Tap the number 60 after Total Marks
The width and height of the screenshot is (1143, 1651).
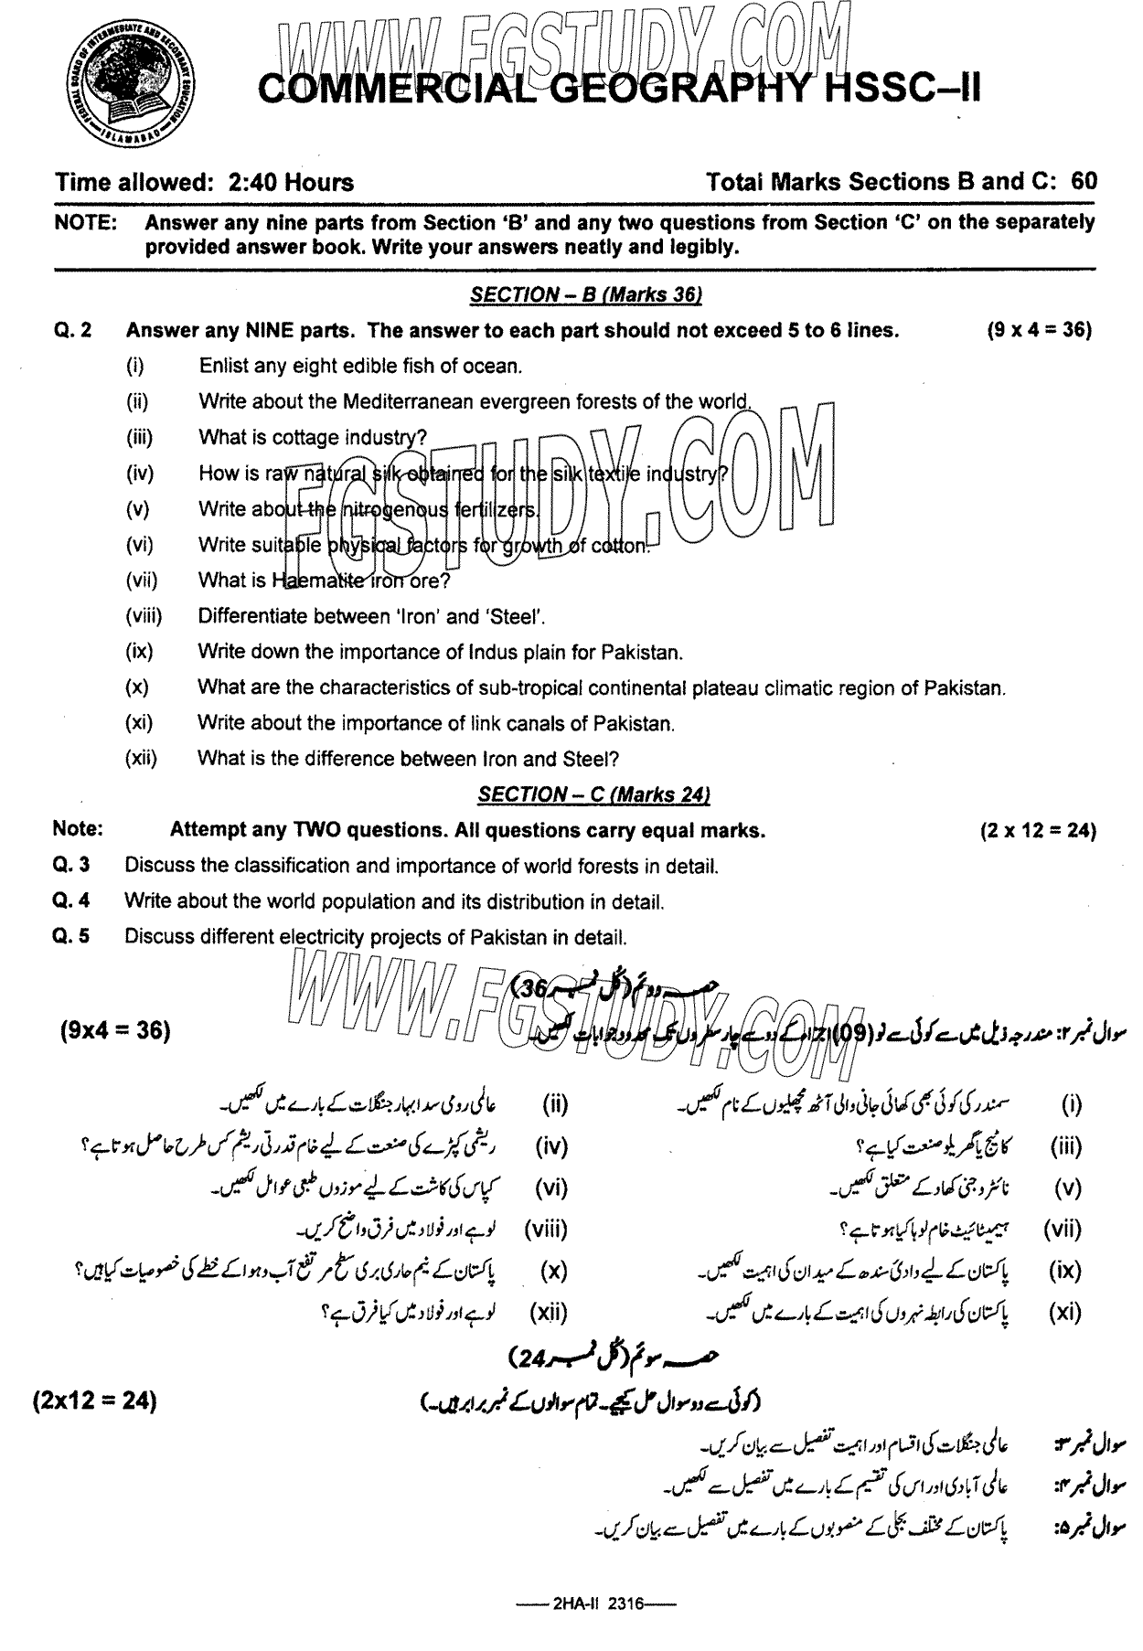[1084, 181]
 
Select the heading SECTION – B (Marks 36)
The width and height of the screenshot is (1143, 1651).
[585, 294]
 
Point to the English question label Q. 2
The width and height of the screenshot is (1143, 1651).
[73, 330]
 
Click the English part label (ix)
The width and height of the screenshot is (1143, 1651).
[139, 652]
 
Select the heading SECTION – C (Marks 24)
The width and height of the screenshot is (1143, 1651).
[594, 794]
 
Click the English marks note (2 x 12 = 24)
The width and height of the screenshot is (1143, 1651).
[1037, 830]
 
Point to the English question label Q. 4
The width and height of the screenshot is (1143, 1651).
[71, 901]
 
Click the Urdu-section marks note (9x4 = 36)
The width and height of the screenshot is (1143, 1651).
[115, 1030]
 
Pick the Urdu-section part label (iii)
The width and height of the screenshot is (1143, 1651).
[1065, 1146]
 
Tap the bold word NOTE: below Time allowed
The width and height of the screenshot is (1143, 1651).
[84, 222]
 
